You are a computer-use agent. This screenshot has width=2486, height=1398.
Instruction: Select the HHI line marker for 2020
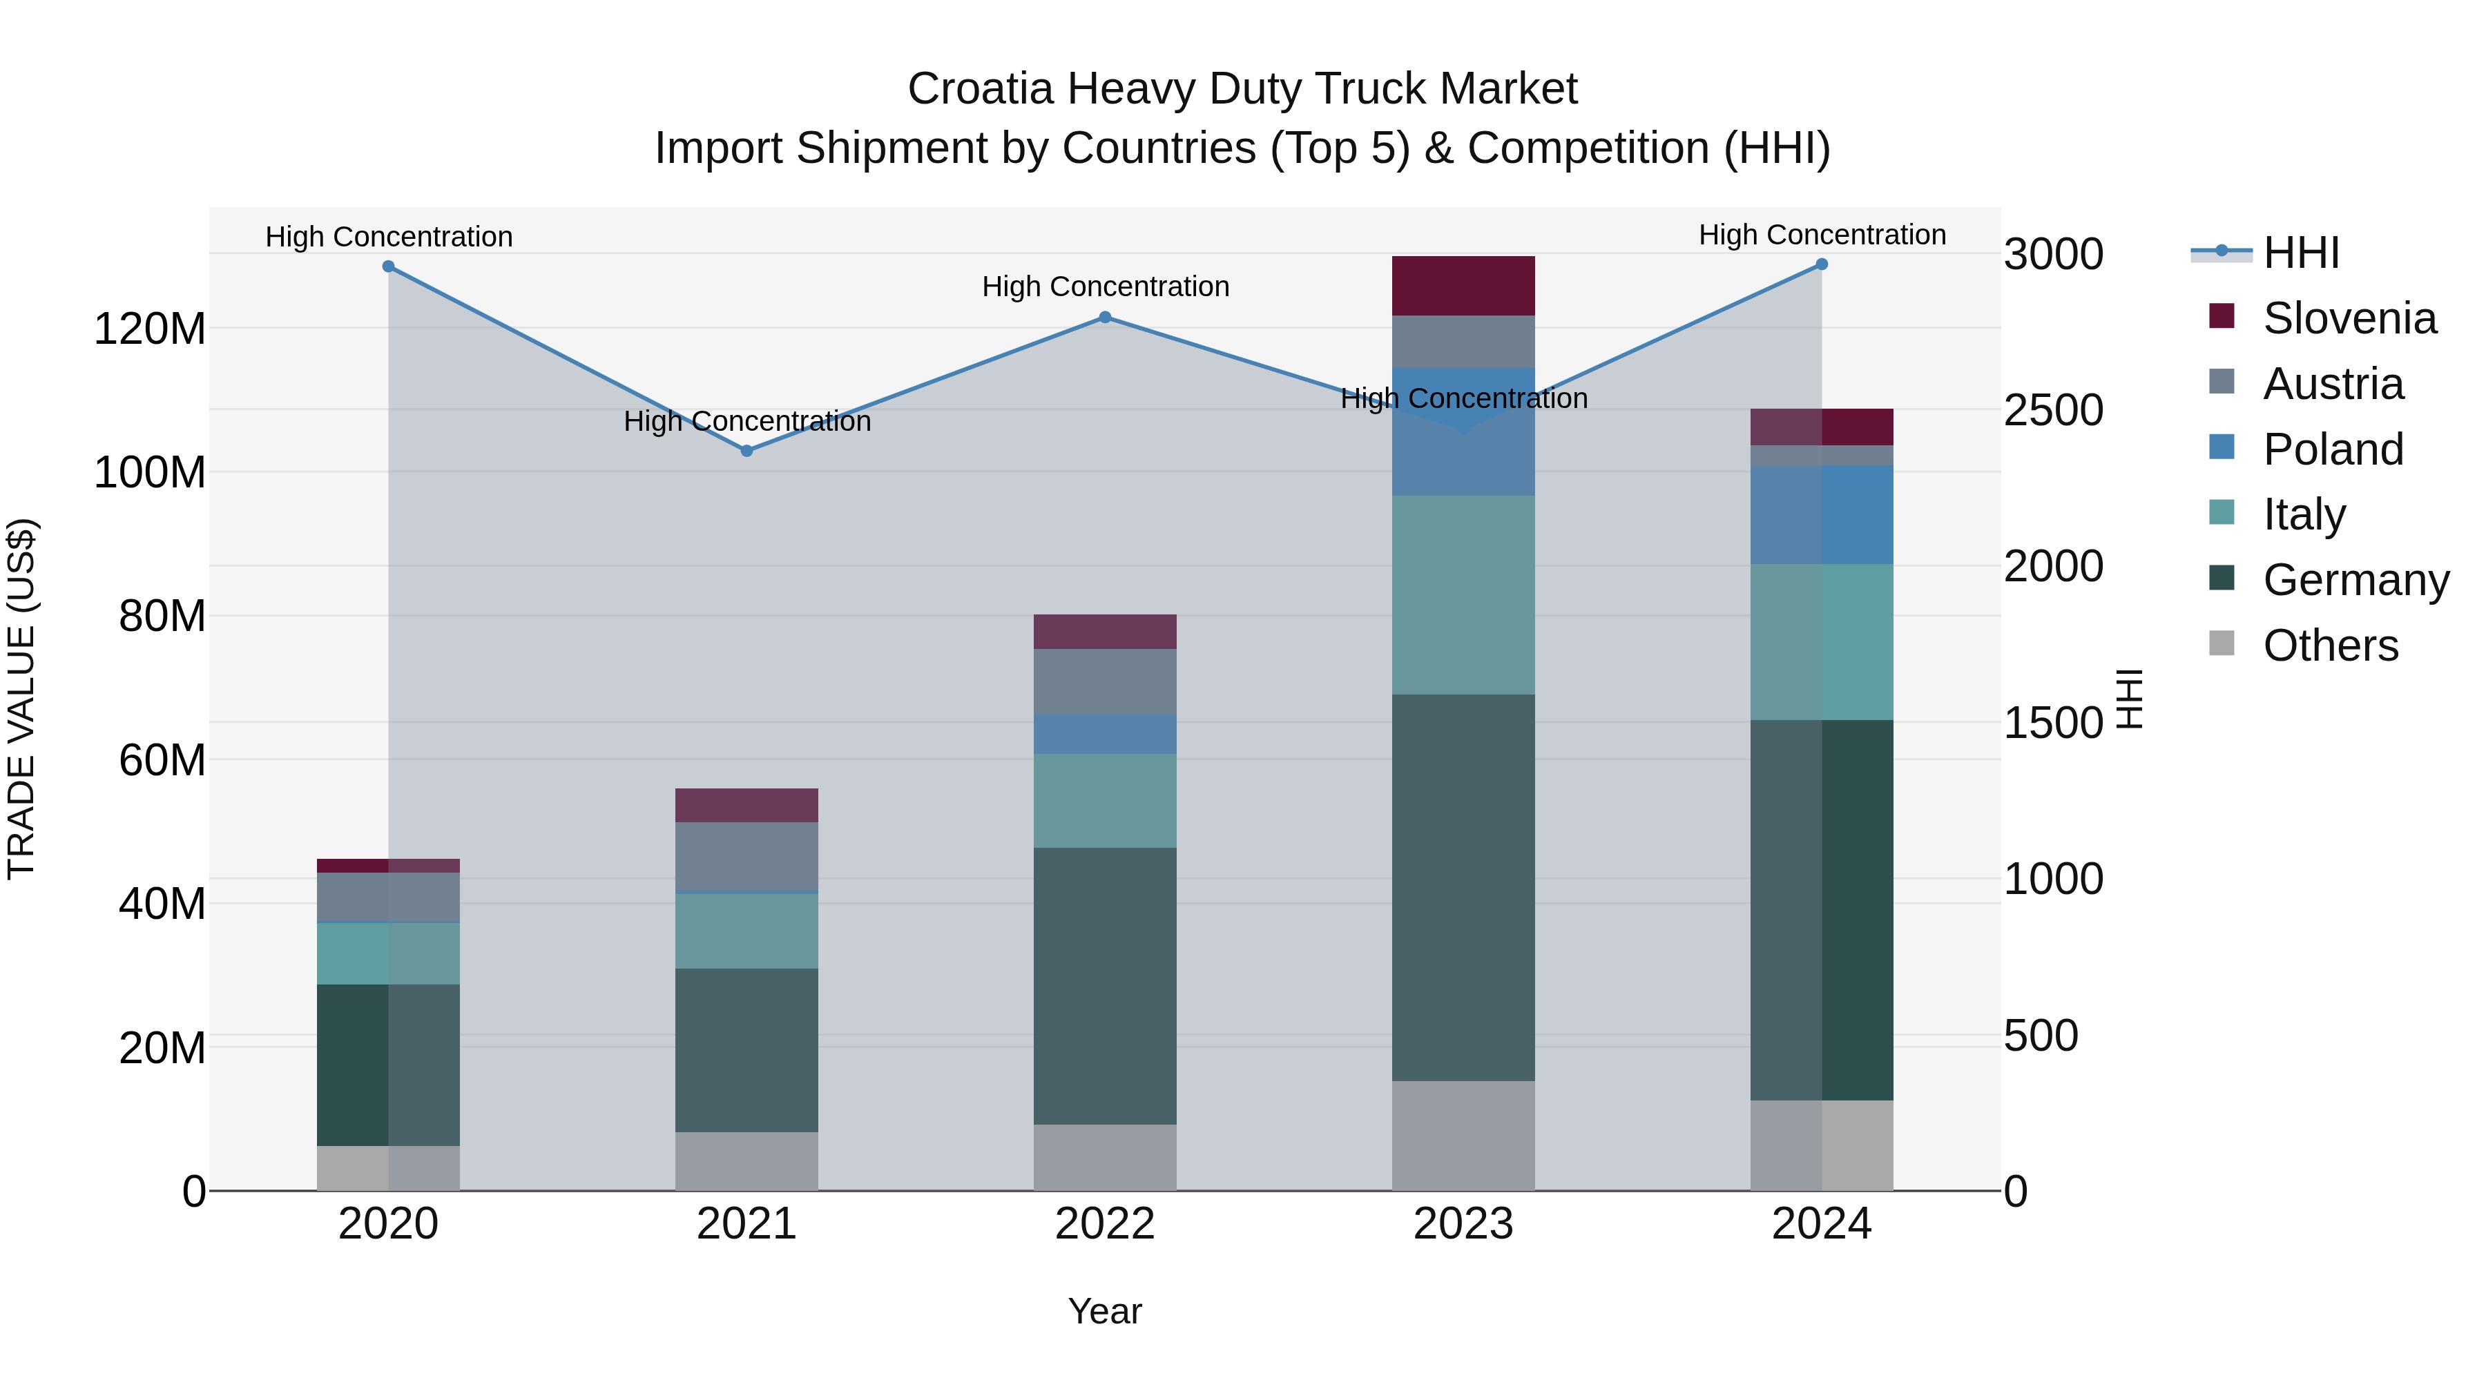[388, 266]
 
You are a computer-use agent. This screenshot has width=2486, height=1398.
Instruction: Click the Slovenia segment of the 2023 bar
[1463, 286]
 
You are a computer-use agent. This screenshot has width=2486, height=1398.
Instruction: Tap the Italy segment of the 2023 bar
[1463, 594]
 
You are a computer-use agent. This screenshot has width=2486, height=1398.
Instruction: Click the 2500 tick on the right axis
[2053, 410]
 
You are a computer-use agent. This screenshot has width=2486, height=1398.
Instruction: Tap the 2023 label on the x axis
[1463, 1224]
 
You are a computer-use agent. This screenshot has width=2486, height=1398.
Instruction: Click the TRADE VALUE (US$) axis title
[21, 699]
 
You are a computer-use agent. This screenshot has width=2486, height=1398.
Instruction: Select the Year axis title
[1105, 1311]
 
